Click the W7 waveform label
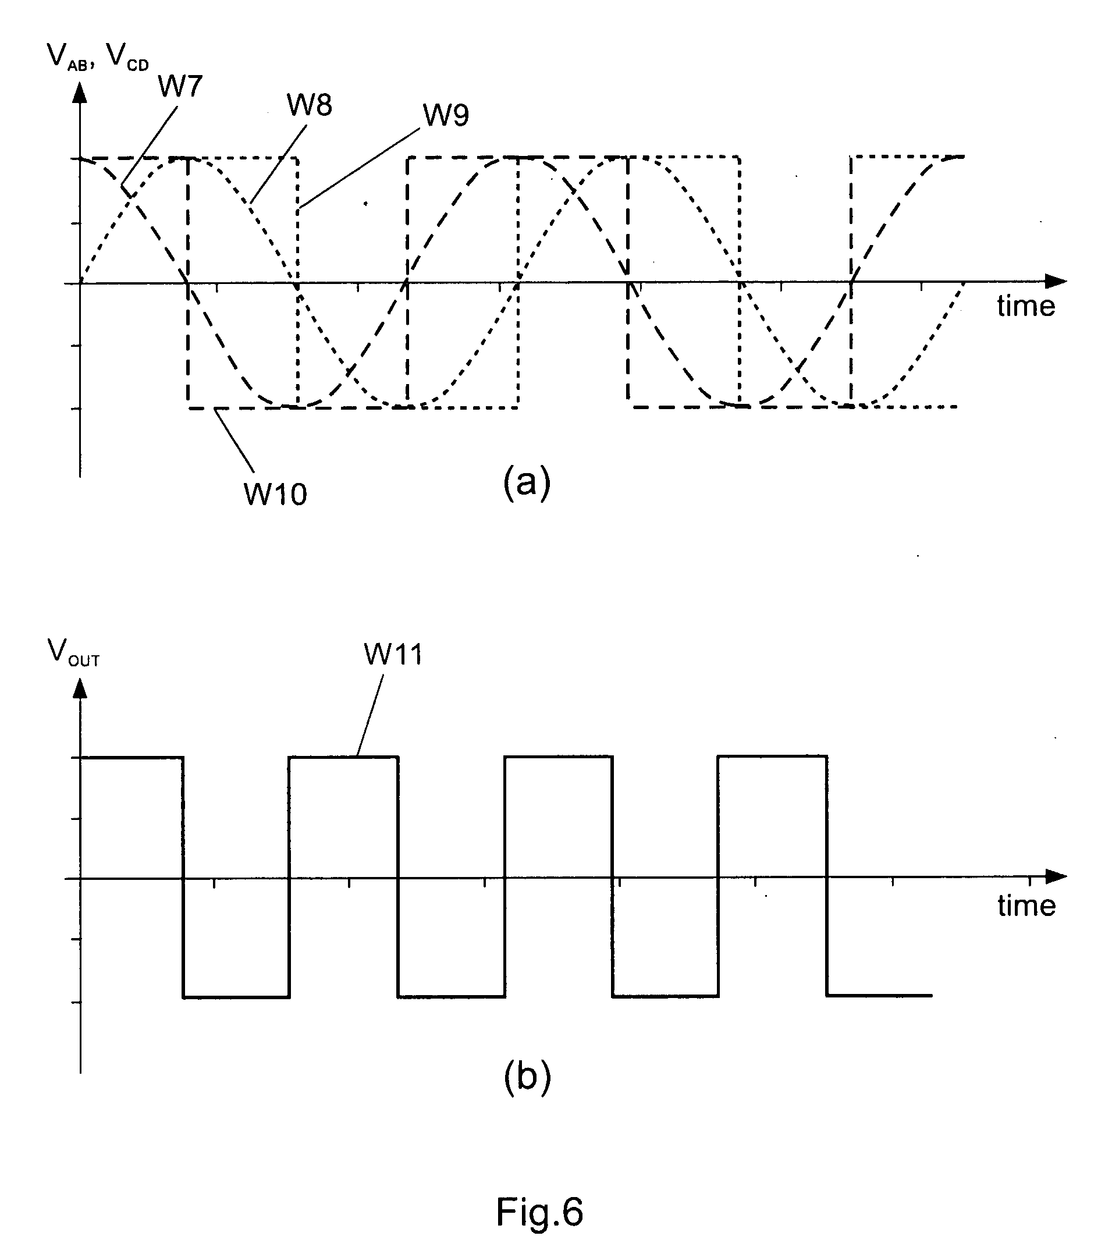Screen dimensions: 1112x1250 [180, 86]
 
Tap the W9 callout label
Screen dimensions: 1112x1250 [446, 115]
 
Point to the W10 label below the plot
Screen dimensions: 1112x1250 [275, 493]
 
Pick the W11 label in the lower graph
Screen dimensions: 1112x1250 [393, 654]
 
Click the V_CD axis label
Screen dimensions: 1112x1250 [127, 57]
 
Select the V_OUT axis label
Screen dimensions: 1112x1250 [73, 652]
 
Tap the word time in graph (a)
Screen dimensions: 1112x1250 [1026, 306]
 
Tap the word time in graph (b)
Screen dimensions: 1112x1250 [1026, 905]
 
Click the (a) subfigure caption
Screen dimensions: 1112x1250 [527, 482]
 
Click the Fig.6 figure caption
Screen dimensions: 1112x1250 [539, 1212]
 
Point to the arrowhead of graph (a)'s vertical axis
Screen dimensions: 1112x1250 [80, 93]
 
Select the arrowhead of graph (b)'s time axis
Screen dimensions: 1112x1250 [1056, 876]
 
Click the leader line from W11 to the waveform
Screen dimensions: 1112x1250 [371, 716]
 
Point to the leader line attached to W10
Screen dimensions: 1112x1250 [234, 441]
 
